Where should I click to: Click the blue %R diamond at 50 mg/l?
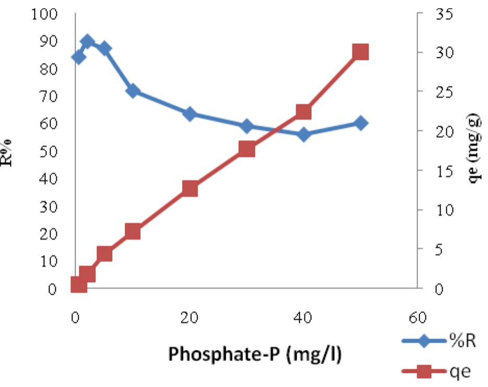(x=360, y=123)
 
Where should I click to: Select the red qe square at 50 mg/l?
(x=360, y=52)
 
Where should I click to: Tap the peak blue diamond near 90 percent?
(x=87, y=42)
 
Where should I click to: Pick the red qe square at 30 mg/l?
(x=247, y=149)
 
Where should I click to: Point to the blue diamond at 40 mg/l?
(x=303, y=134)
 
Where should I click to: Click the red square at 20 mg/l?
(x=190, y=189)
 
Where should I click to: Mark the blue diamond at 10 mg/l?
(x=133, y=91)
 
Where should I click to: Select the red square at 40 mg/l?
(x=303, y=112)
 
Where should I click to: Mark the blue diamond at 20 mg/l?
(x=190, y=114)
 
